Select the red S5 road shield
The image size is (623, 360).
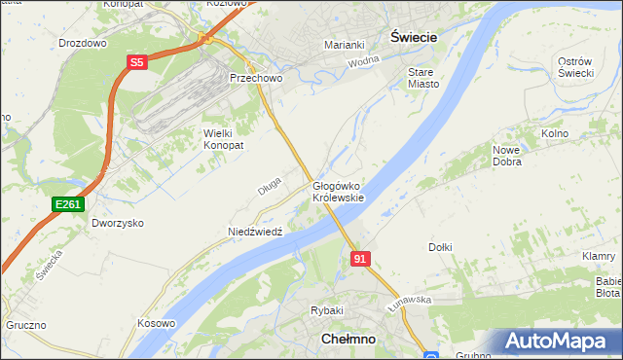click(136, 61)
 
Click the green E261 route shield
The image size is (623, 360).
click(68, 203)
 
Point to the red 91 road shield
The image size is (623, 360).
click(360, 258)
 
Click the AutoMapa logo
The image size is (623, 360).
click(562, 341)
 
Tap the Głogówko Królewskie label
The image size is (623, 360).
click(338, 191)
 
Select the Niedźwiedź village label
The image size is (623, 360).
click(254, 232)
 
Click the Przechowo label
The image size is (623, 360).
click(254, 78)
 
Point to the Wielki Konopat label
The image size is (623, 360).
click(222, 138)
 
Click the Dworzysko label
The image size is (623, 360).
click(118, 223)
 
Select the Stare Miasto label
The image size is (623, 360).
click(423, 78)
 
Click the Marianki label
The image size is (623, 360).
click(344, 44)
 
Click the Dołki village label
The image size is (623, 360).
click(440, 247)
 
